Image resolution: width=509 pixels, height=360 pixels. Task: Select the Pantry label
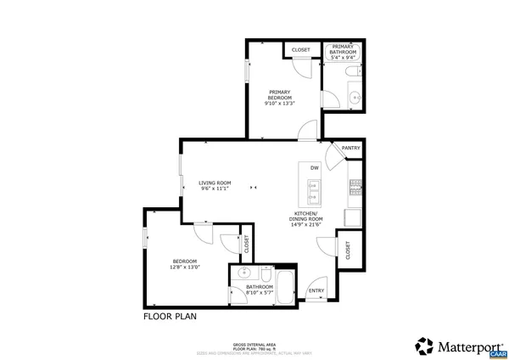(x=350, y=148)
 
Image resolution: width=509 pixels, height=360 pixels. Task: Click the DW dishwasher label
(x=314, y=167)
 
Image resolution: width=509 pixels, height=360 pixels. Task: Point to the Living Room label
(x=215, y=185)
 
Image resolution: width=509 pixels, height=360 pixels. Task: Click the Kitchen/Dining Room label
(x=305, y=218)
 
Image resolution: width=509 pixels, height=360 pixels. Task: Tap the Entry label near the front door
(x=316, y=290)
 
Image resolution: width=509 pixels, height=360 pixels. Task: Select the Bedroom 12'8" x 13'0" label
(x=185, y=263)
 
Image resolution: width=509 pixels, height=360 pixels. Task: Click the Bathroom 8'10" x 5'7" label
(x=259, y=290)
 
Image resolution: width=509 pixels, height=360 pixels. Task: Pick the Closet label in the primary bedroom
(x=300, y=50)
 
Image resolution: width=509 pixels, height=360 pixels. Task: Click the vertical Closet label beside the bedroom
(x=247, y=244)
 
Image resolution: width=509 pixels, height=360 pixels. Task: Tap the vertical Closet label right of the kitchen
(x=347, y=249)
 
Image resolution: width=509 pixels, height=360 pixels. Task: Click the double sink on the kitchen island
(x=313, y=193)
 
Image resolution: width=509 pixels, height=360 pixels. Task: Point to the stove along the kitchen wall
(x=355, y=185)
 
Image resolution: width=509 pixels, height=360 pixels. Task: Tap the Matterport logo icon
(x=423, y=346)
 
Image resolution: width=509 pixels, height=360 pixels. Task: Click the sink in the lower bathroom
(x=243, y=273)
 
